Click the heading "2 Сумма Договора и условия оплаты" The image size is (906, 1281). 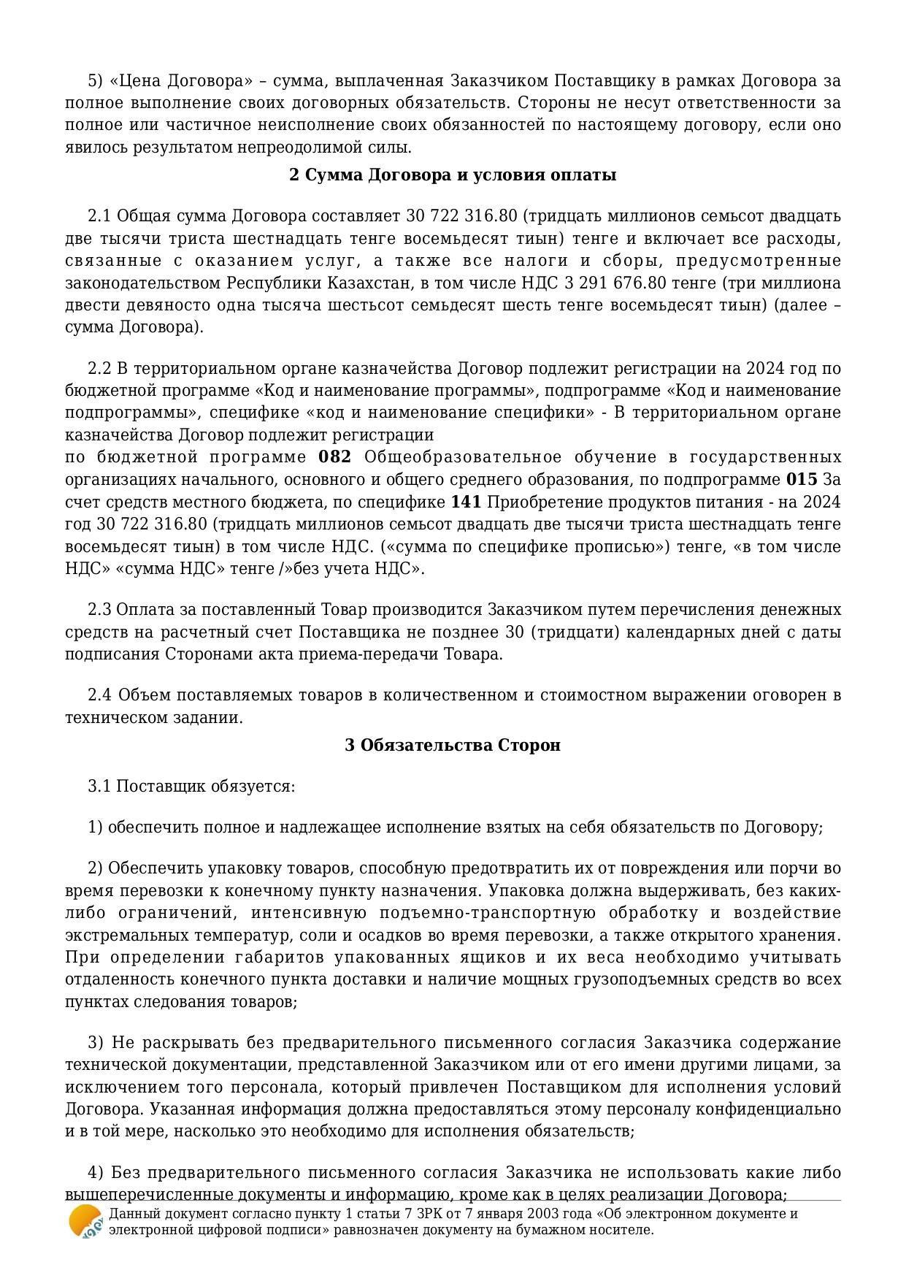coord(453,175)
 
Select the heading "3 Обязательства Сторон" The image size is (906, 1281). coord(453,746)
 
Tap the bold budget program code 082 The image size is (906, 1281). coord(335,457)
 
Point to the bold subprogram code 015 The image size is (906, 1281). coord(801,480)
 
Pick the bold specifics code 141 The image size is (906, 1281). coord(467,502)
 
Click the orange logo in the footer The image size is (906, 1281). coord(85,1221)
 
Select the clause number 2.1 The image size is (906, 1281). coord(99,216)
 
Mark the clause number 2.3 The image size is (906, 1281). coord(99,610)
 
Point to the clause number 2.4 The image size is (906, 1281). coord(99,695)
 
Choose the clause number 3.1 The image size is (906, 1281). coord(99,787)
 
